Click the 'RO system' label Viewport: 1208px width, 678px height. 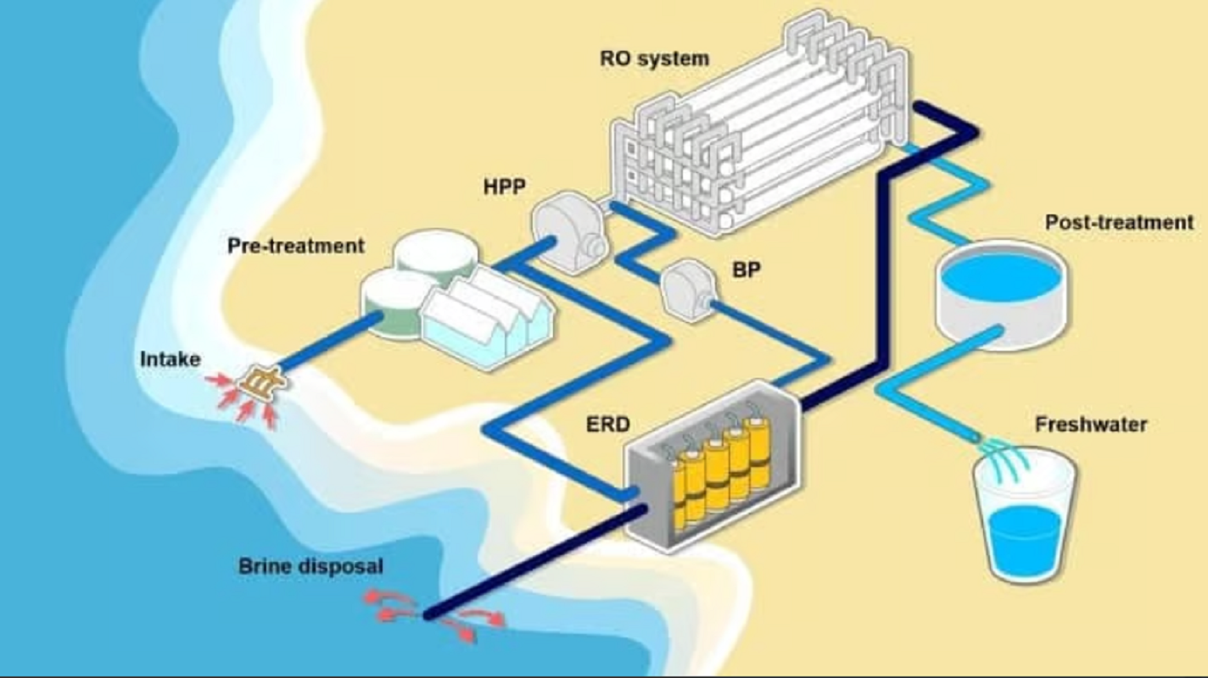(654, 58)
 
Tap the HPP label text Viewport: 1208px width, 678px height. (504, 186)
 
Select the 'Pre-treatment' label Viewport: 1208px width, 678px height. (295, 246)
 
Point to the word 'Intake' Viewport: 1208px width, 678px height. (170, 359)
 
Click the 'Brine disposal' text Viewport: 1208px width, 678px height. (310, 566)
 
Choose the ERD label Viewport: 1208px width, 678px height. (607, 424)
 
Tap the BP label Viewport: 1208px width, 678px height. (747, 270)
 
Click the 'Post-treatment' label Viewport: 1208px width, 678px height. (1119, 222)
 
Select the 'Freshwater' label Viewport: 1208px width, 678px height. (1090, 424)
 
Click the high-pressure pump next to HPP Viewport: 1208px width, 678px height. (571, 231)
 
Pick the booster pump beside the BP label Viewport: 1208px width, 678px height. (689, 291)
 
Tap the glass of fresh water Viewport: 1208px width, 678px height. (1024, 517)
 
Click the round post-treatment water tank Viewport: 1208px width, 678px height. (1001, 294)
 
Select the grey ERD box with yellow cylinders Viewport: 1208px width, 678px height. (712, 467)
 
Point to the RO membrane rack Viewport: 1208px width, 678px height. (760, 124)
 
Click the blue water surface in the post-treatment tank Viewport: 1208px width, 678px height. (1001, 277)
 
